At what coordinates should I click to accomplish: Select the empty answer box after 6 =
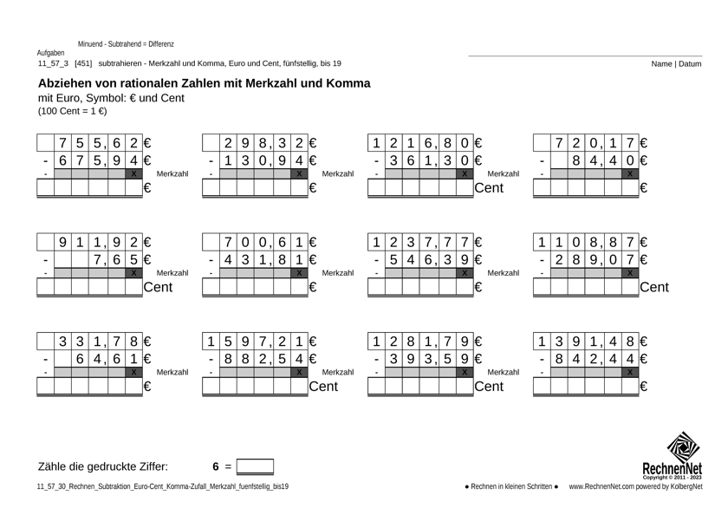point(255,467)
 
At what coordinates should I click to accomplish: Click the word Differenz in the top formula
point(157,43)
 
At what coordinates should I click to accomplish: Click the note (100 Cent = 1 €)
point(73,112)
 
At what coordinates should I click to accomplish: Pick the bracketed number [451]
point(83,63)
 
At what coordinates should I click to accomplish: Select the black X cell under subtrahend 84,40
point(629,174)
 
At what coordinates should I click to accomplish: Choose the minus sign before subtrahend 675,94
point(45,160)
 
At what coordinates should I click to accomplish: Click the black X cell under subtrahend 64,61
point(133,372)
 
